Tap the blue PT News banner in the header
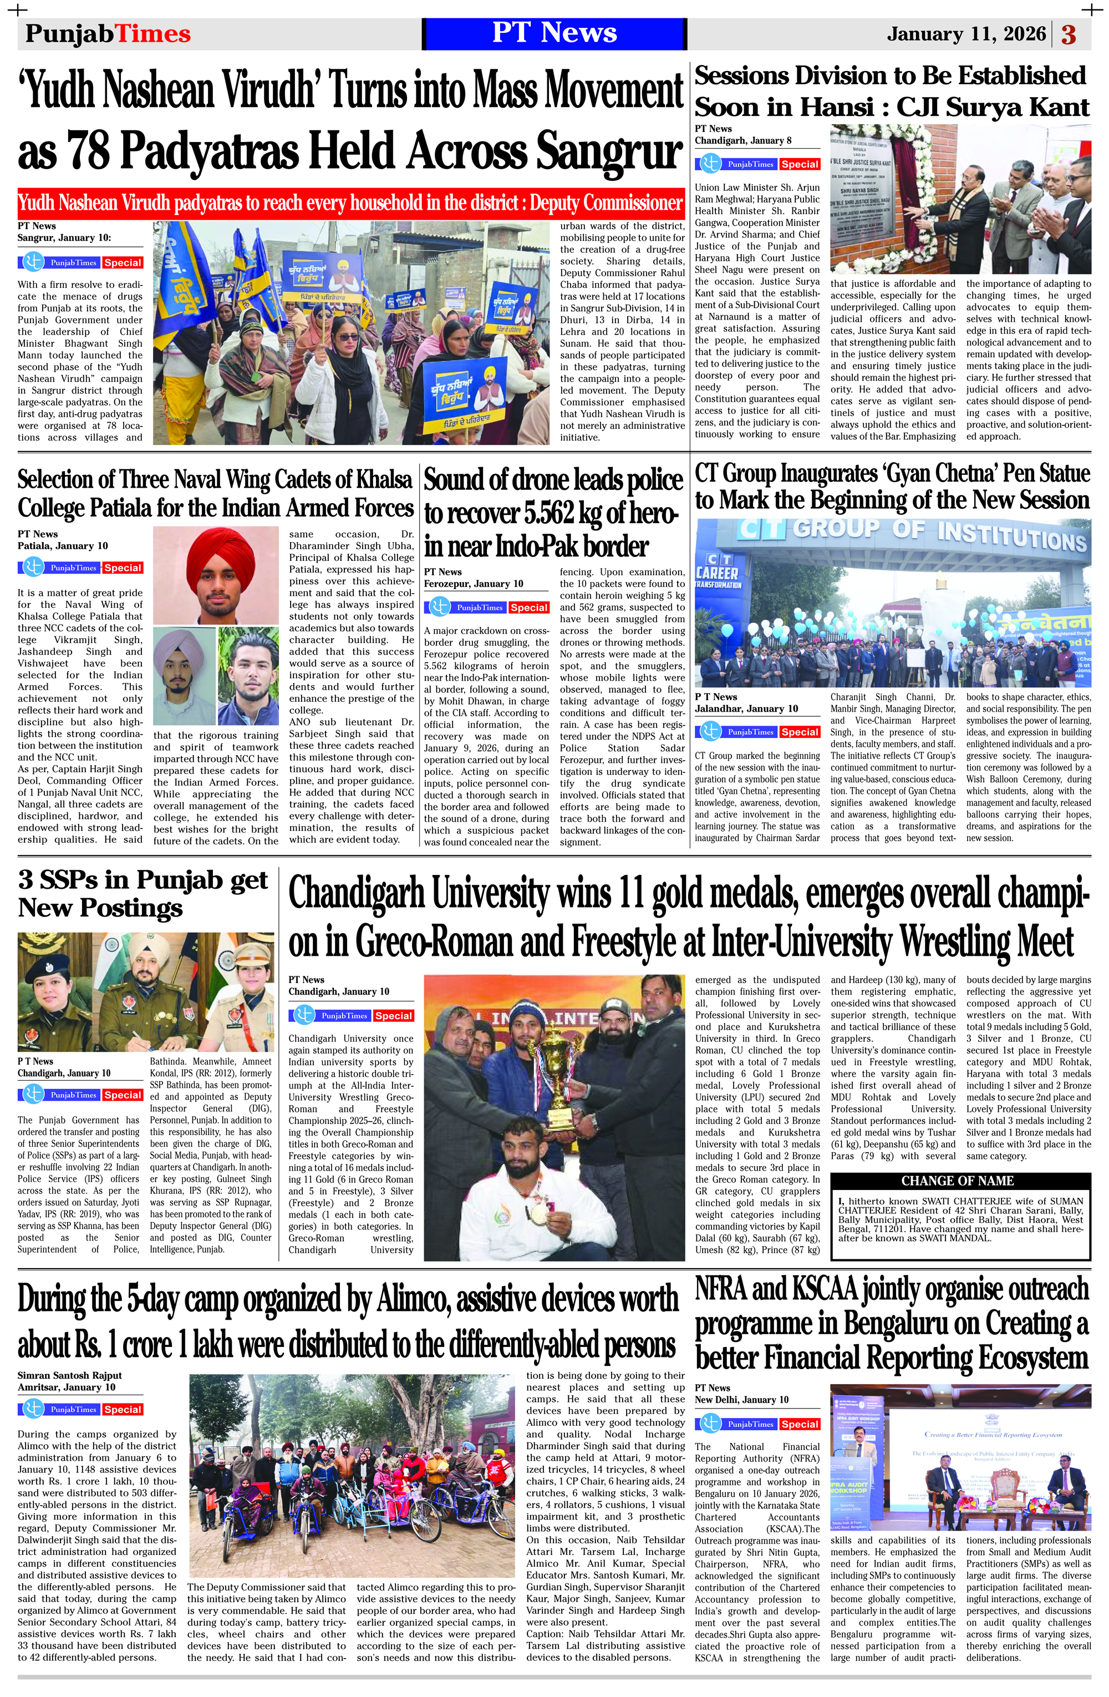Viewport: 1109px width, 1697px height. click(x=554, y=33)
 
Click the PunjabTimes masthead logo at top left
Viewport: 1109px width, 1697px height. click(x=108, y=33)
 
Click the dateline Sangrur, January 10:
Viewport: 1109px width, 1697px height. click(x=64, y=238)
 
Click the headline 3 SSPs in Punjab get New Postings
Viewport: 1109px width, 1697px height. click(x=143, y=893)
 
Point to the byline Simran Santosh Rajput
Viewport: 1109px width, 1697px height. click(x=70, y=1375)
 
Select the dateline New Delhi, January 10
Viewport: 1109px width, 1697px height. click(x=741, y=1400)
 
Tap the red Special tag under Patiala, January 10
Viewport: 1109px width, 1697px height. click(x=123, y=568)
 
